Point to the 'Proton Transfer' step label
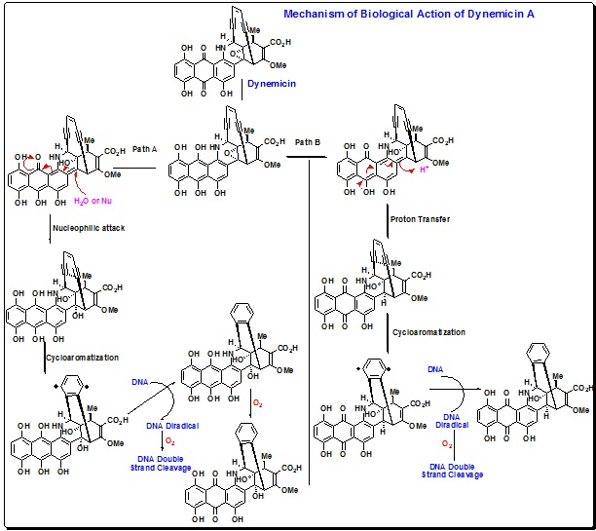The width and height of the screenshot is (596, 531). [x=421, y=219]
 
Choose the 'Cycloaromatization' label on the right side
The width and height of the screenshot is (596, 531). [x=428, y=332]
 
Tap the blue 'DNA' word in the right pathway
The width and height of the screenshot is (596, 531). [x=436, y=370]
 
